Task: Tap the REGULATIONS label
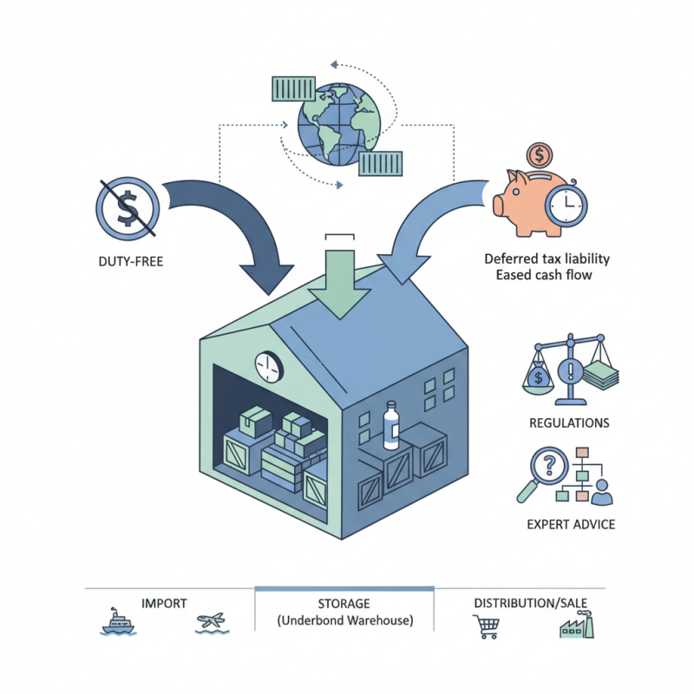(x=568, y=423)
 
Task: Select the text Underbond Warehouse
(x=345, y=621)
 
